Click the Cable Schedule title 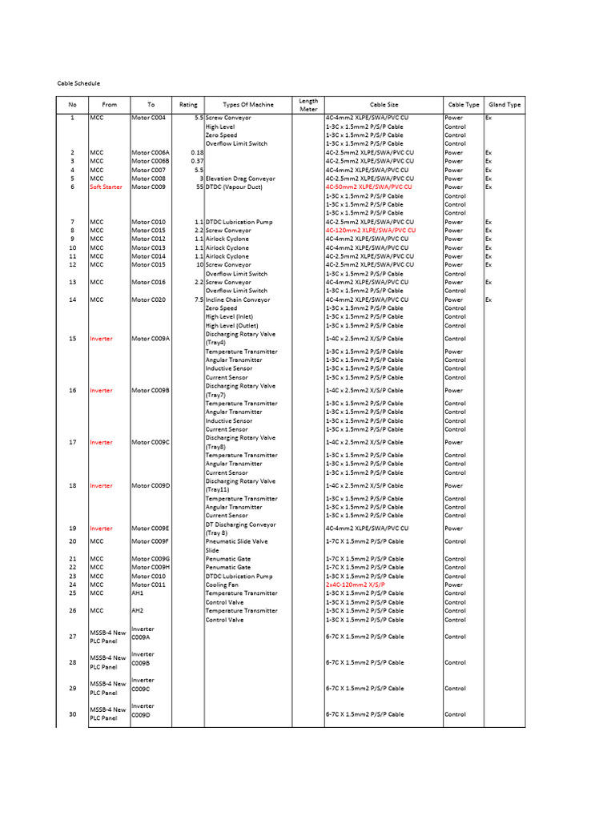tap(78, 83)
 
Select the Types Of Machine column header tap(248, 105)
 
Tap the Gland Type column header tap(504, 105)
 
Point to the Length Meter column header tap(308, 105)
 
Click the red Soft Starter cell tap(106, 187)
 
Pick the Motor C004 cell tap(148, 118)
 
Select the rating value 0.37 tap(197, 161)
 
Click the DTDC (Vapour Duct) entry tap(238, 187)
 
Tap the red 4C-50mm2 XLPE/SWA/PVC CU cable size tap(368, 187)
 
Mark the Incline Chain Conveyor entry tap(244, 299)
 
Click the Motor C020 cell tap(148, 299)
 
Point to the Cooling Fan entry tap(224, 585)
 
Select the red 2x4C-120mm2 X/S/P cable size tap(355, 585)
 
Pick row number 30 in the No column tap(72, 714)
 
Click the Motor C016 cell tap(148, 282)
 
